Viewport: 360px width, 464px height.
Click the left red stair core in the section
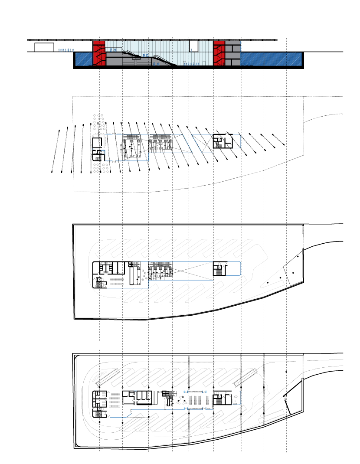[99, 53]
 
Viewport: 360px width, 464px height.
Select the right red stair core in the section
[219, 53]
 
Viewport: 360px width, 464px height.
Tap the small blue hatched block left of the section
[84, 59]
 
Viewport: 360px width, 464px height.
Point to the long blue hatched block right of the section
[271, 59]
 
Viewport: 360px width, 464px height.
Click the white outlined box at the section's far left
[44, 47]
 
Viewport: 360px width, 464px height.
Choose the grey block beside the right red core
[232, 53]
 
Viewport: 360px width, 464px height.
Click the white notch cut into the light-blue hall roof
[193, 46]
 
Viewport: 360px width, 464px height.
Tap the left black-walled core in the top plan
[99, 149]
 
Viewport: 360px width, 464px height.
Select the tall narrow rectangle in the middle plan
[131, 274]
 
